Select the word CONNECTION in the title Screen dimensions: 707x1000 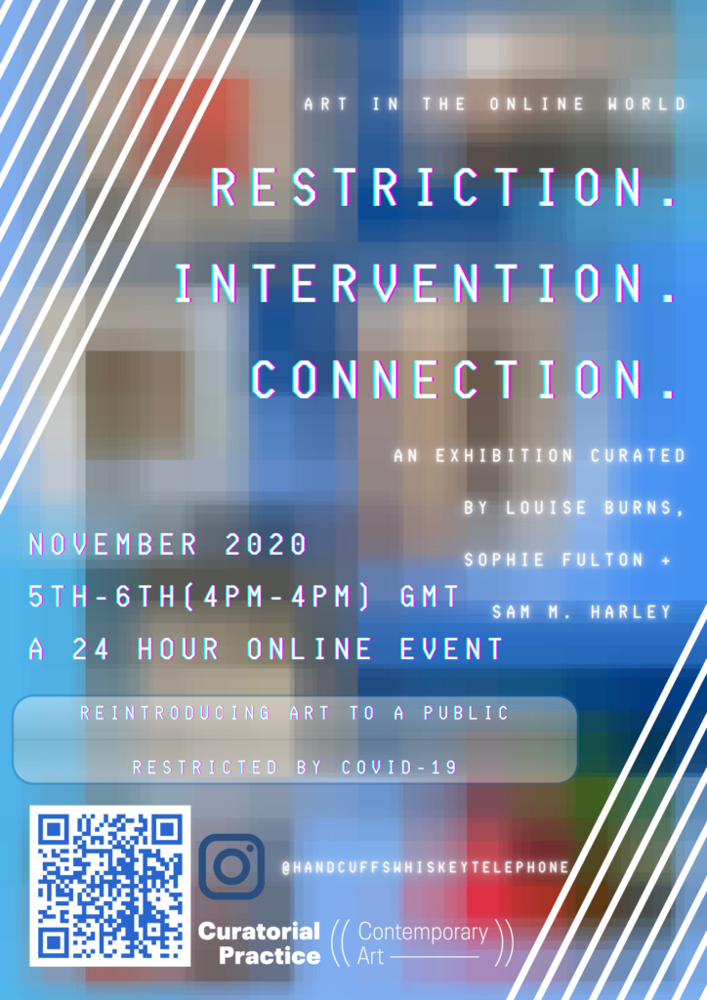point(447,380)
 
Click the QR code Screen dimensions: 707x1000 point(110,886)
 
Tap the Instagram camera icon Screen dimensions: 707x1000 point(231,866)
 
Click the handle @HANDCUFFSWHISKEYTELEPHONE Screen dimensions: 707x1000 point(426,867)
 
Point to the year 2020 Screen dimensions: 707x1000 point(267,545)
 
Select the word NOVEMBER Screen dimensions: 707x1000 point(113,545)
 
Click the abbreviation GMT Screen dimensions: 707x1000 point(430,597)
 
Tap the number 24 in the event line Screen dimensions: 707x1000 point(91,649)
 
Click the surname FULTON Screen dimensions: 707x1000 point(603,560)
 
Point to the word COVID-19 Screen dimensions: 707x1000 point(399,767)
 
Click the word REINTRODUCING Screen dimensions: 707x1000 point(176,713)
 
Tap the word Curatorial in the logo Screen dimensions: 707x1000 point(260,932)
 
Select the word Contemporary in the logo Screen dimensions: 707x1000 point(423,933)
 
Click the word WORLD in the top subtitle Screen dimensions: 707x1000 point(646,104)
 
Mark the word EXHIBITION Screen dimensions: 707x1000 point(504,455)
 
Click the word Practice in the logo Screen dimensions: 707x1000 point(270,956)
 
